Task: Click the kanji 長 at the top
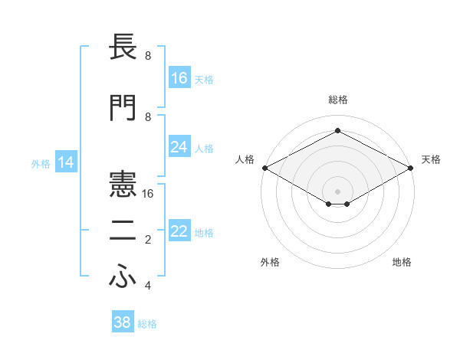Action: [x=123, y=48]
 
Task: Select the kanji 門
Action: [x=123, y=107]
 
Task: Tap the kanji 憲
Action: [x=123, y=183]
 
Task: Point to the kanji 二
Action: [x=123, y=232]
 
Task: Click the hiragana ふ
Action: [x=123, y=278]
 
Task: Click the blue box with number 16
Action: [x=179, y=78]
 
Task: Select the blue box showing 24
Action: [x=179, y=147]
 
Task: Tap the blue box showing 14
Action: [x=66, y=162]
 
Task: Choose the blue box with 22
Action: [x=179, y=232]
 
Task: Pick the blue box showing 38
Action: [x=123, y=322]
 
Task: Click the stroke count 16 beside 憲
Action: [x=149, y=194]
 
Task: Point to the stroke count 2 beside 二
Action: [x=148, y=240]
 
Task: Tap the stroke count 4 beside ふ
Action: [x=148, y=286]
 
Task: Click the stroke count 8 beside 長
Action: [x=148, y=56]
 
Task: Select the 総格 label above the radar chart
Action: [x=337, y=100]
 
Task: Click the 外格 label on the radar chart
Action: [x=270, y=262]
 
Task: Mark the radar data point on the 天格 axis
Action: [x=412, y=168]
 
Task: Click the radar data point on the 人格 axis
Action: [x=264, y=168]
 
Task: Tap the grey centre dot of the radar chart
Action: [x=337, y=190]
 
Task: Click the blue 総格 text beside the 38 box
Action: [x=147, y=324]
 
